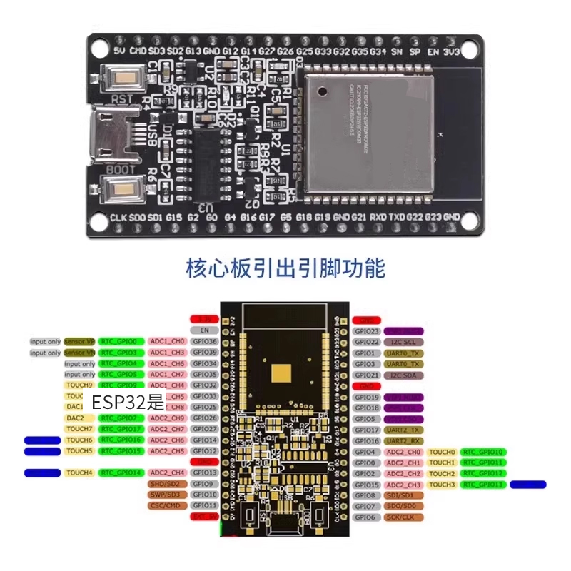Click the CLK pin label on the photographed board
(x=118, y=217)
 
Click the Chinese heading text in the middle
(x=285, y=269)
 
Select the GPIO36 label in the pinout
(x=204, y=342)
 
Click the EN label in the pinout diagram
(x=204, y=330)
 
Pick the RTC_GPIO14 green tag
(x=122, y=473)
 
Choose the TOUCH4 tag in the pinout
(x=79, y=473)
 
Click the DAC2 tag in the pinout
(x=76, y=418)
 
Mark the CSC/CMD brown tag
(x=164, y=505)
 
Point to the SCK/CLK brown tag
(x=403, y=517)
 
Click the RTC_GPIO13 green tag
(x=482, y=485)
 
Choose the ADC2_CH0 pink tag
(x=403, y=452)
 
